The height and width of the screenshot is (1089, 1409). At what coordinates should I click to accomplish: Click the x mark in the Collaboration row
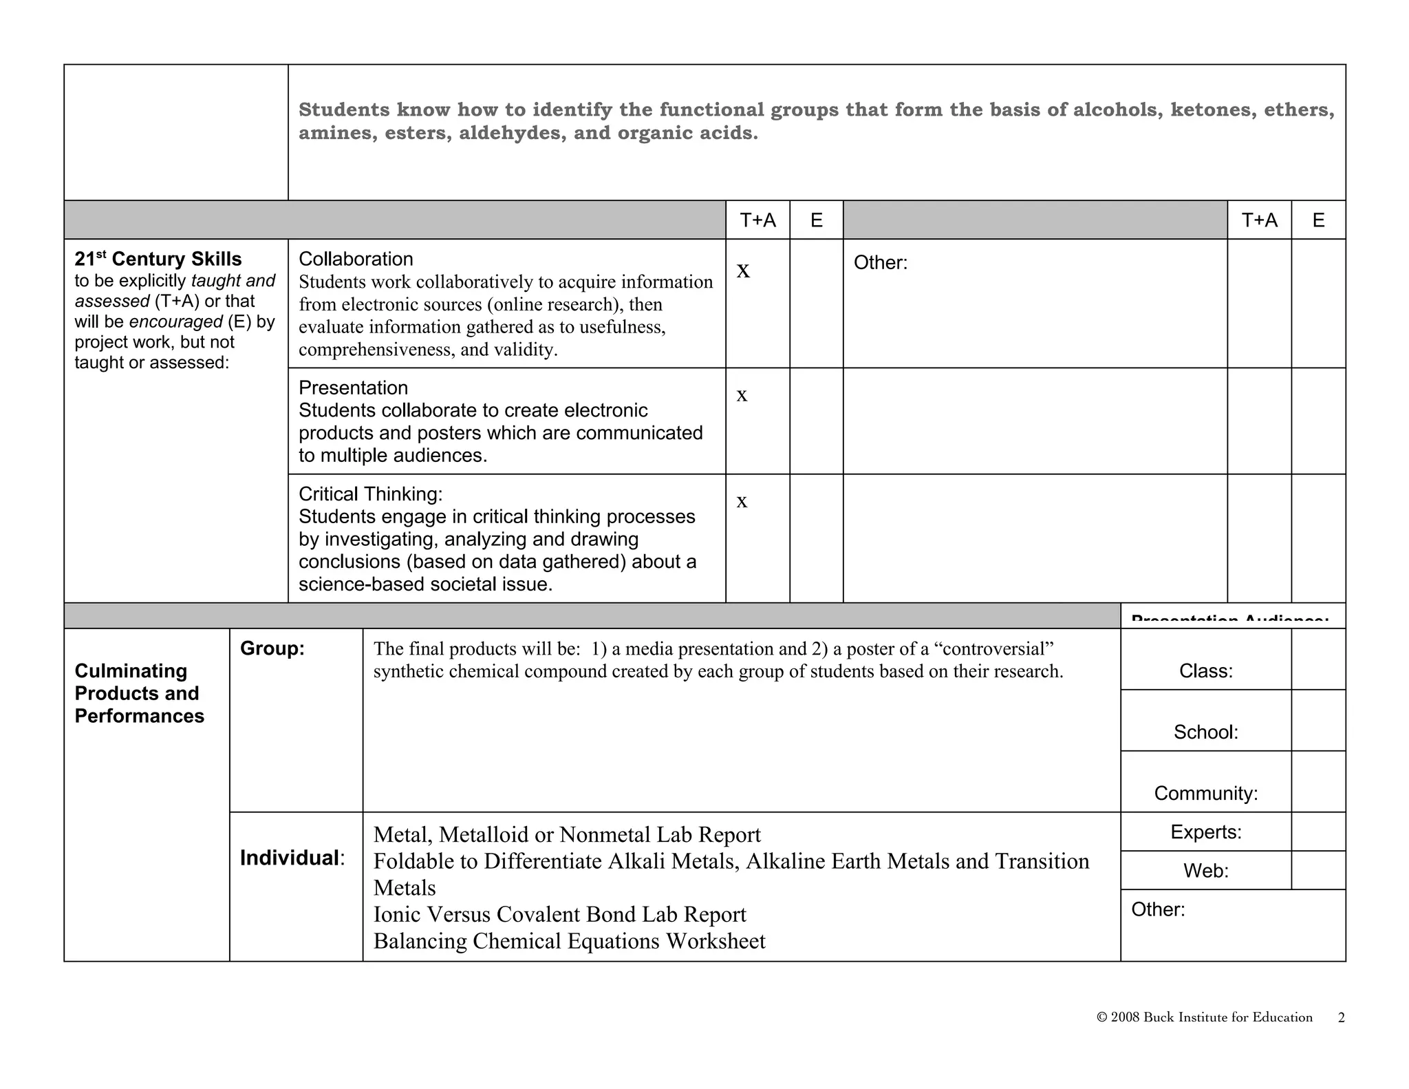743,271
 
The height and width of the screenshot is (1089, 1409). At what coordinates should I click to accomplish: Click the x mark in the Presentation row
742,396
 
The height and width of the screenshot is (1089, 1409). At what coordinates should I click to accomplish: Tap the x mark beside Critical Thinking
742,502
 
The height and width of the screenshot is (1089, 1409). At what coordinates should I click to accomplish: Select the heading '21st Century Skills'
158,259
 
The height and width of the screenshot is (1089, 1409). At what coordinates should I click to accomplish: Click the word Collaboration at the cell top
356,259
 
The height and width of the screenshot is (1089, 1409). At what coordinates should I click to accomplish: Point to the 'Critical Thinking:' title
370,494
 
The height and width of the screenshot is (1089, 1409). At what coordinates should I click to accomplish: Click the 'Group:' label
272,648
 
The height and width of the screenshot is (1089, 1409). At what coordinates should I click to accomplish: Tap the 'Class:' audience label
1205,671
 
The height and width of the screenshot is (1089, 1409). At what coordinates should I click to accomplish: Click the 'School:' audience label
1205,732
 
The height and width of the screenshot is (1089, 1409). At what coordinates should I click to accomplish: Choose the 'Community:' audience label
1205,793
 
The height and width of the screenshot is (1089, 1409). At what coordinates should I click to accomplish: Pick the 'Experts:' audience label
1205,832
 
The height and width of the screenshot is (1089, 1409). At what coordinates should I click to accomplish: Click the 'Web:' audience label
1205,871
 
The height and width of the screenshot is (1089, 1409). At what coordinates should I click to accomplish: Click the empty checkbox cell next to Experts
1318,832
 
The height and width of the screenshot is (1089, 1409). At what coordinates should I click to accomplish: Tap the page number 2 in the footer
1341,1017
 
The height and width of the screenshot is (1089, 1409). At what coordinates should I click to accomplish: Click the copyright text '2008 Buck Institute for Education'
1210,1017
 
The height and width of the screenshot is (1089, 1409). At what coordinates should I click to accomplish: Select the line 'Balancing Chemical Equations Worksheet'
569,941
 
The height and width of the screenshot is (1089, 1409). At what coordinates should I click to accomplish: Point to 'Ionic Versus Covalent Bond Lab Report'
559,914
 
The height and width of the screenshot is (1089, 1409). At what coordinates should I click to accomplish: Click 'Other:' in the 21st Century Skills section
880,262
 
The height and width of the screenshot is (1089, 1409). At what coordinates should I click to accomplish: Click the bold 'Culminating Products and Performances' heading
139,693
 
